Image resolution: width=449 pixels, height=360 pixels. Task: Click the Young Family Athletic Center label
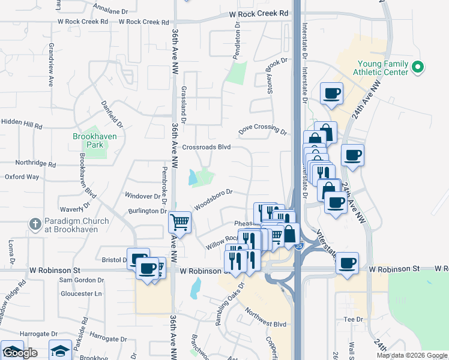[x=382, y=68]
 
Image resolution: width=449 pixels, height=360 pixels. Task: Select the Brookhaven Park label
[x=94, y=140]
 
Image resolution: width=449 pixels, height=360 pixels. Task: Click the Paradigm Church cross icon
[x=35, y=225]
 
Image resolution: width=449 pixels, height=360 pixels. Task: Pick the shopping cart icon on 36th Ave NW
[x=179, y=223]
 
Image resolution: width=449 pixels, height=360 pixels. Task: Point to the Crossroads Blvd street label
[x=206, y=146]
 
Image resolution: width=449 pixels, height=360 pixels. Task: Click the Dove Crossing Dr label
[x=262, y=129]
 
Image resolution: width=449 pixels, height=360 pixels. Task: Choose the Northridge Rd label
[x=35, y=163]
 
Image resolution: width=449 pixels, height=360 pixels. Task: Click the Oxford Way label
[x=22, y=177]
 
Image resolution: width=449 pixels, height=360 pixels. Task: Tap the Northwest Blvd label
[x=266, y=317]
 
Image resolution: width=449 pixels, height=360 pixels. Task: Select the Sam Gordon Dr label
[x=81, y=280]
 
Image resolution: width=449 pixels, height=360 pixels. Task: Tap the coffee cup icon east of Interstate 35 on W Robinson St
[x=347, y=264]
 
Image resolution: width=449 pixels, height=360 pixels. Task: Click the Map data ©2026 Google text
[x=412, y=355]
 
